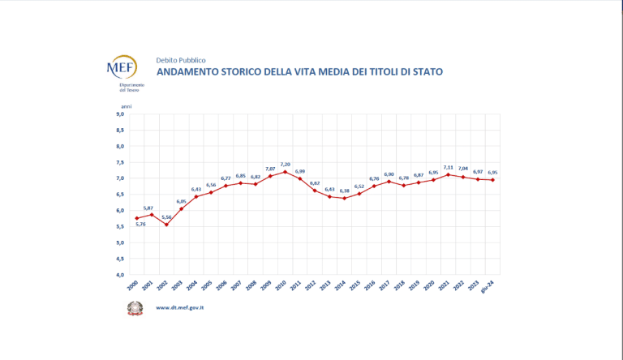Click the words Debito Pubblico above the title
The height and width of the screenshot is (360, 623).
(180, 60)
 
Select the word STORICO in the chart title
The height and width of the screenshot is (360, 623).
(248, 72)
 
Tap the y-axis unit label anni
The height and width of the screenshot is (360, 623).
(126, 106)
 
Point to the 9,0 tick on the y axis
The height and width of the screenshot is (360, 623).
(119, 114)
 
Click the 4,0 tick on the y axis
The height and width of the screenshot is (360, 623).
(119, 275)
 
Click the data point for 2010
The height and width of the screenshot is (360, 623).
(285, 172)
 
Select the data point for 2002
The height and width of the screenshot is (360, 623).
(166, 225)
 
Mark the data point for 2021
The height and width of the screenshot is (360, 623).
(448, 174)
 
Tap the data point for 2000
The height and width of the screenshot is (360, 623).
(137, 218)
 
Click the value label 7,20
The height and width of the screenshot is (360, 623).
(285, 164)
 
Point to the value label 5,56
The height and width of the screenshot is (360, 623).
(166, 217)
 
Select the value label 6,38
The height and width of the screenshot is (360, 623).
(344, 191)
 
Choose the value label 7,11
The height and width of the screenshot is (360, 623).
(448, 166)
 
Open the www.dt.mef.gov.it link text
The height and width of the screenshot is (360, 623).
(179, 307)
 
